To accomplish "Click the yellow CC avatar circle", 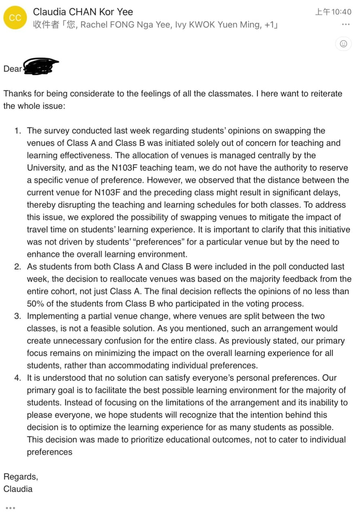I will point(15,18).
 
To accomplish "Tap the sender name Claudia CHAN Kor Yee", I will point(83,12).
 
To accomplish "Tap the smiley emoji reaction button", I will point(343,44).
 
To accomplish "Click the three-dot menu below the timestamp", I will point(345,25).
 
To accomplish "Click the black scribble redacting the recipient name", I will point(40,67).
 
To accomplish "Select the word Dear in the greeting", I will point(12,69).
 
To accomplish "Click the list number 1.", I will point(17,131).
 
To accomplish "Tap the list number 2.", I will point(17,267).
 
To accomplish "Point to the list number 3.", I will point(17,316).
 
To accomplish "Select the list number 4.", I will point(17,378).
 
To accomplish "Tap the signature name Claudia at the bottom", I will point(18,489).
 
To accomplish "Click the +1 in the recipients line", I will point(268,25).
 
